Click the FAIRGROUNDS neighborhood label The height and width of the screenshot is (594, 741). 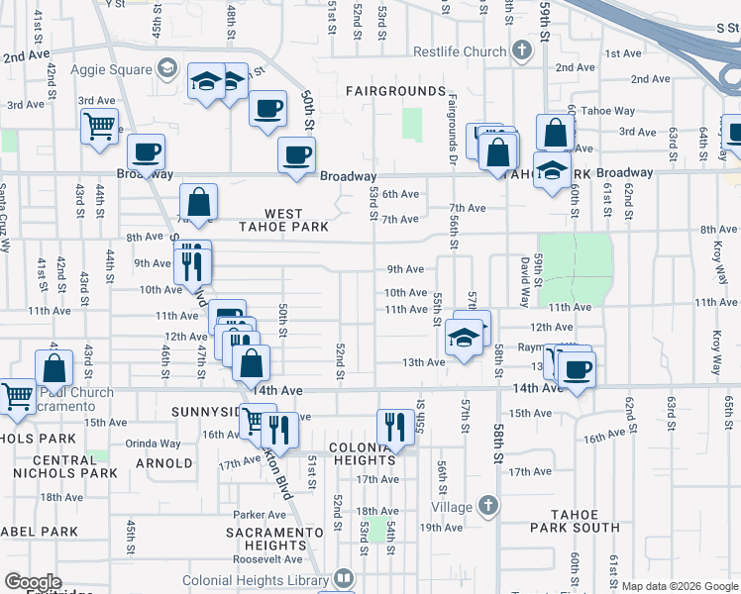395,91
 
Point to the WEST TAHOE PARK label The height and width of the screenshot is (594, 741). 283,219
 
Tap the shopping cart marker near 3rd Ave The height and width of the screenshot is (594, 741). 100,126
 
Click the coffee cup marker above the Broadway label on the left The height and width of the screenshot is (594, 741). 147,152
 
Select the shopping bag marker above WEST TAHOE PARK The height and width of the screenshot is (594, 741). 199,202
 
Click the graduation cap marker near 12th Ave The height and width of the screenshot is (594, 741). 465,338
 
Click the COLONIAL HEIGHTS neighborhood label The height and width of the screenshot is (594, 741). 363,453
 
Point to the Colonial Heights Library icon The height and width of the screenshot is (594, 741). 344,577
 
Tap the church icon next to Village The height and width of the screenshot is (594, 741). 486,505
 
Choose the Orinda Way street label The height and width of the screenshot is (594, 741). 153,444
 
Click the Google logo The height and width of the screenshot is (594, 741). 33,582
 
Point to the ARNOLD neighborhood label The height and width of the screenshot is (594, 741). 163,463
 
